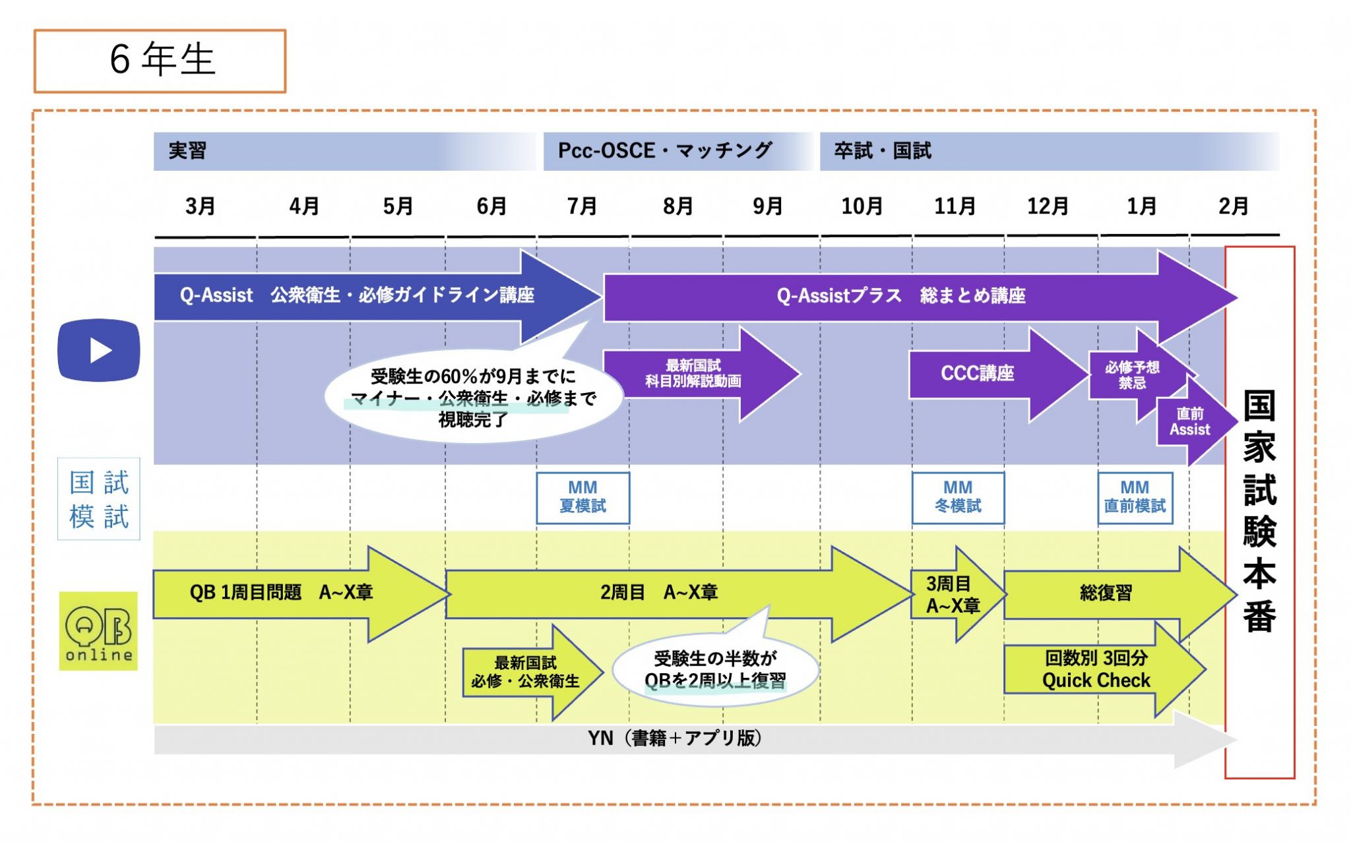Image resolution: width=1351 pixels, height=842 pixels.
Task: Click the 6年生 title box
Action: (160, 61)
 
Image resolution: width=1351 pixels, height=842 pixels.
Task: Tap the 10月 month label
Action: (862, 206)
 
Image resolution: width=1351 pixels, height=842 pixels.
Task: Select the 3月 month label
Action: (200, 206)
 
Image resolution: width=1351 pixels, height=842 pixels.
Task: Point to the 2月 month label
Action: (1233, 206)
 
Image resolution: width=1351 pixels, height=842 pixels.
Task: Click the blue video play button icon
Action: (99, 350)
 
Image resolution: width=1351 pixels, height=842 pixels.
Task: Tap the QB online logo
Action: (98, 631)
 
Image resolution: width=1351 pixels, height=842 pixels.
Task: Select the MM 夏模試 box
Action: (582, 498)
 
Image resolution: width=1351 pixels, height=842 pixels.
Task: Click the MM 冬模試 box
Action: (958, 498)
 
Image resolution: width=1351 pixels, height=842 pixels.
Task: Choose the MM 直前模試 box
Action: (1135, 498)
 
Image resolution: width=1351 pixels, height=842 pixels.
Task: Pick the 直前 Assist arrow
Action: (1190, 422)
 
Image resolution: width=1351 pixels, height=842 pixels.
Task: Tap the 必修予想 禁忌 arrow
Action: (1132, 375)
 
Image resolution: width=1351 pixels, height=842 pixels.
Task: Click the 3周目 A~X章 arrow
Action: (952, 594)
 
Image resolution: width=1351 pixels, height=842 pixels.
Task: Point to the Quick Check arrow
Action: (1096, 670)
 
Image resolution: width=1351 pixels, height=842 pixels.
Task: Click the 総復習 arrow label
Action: (1106, 593)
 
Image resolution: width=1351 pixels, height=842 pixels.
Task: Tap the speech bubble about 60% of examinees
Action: (473, 397)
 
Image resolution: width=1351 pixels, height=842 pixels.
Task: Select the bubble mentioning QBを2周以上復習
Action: (715, 670)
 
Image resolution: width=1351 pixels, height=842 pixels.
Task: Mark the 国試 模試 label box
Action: (99, 499)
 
